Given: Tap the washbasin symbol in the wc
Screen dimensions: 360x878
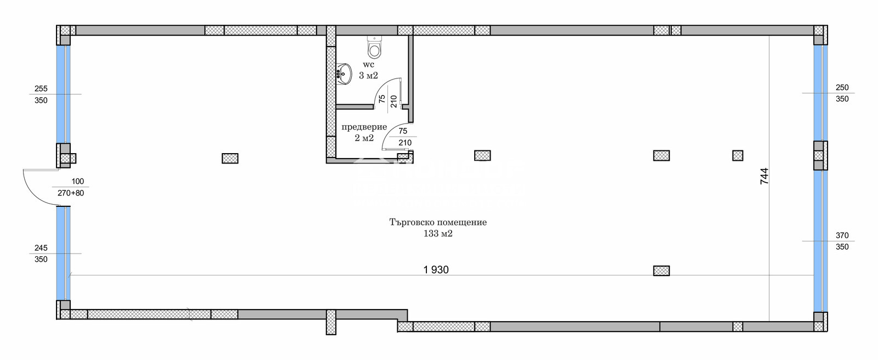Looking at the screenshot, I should click(344, 74).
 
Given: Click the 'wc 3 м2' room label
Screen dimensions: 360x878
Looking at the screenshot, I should click(368, 70).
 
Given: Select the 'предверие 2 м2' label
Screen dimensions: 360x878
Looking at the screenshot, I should click(364, 132).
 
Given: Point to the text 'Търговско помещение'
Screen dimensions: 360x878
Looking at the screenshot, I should click(438, 222).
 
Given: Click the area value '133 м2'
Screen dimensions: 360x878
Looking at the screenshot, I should click(438, 234).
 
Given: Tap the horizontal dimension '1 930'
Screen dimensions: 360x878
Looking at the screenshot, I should click(436, 269).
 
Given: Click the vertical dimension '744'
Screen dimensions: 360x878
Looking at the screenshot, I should click(764, 176).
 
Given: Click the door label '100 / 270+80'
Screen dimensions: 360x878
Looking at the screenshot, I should click(71, 187).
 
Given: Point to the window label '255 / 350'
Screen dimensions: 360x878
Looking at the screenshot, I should click(41, 94).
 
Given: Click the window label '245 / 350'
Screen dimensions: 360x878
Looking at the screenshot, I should click(41, 254).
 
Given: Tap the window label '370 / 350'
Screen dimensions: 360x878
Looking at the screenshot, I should click(842, 241).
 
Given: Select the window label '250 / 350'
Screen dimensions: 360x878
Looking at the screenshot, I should click(842, 93).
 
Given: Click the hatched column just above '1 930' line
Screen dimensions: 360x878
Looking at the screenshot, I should click(661, 271).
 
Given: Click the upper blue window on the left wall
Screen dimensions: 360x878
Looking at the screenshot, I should click(63, 93).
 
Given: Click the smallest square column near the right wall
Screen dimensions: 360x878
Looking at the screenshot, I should click(738, 155).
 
